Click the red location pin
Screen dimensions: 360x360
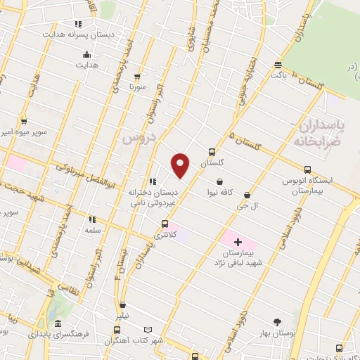pyautogui.click(x=181, y=165)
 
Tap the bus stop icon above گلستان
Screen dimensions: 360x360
pyautogui.click(x=212, y=151)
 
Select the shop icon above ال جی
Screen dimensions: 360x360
pyautogui.click(x=247, y=195)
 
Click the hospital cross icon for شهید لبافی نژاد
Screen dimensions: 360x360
pyautogui.click(x=238, y=241)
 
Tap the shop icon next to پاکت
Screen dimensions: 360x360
pyautogui.click(x=278, y=64)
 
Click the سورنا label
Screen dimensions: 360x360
pyautogui.click(x=136, y=88)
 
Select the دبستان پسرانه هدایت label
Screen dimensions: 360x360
pyautogui.click(x=88, y=34)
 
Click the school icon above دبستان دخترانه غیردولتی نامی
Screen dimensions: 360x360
pyautogui.click(x=153, y=181)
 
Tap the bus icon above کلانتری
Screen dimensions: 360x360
pyautogui.click(x=165, y=224)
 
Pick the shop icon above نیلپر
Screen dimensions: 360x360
pyautogui.click(x=124, y=306)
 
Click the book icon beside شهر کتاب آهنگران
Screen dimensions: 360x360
pyautogui.click(x=147, y=330)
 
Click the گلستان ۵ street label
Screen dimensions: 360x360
pyautogui.click(x=245, y=142)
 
